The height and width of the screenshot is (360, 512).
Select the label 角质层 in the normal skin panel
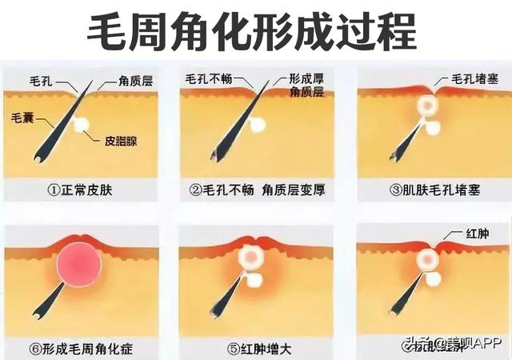(x=136, y=81)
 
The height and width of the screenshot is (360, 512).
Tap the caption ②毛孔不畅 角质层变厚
(x=254, y=191)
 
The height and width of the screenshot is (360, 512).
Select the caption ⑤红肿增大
(x=254, y=348)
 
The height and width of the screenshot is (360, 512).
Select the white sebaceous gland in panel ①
(x=81, y=125)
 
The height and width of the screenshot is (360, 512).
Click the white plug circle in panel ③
(x=427, y=106)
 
